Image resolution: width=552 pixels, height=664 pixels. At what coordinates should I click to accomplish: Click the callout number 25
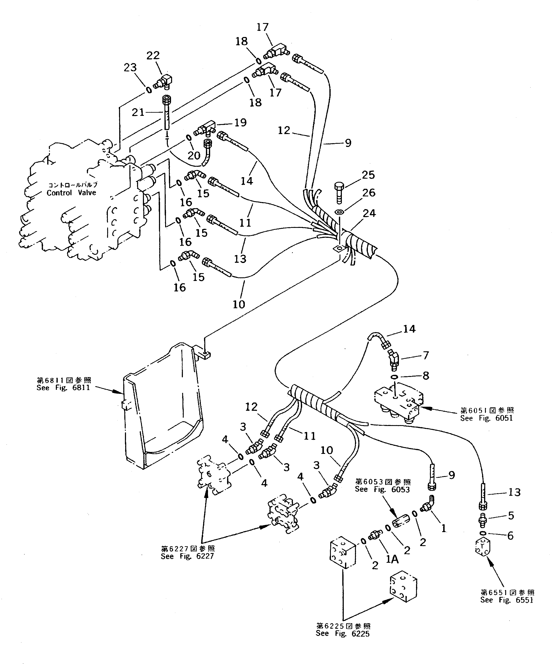point(368,175)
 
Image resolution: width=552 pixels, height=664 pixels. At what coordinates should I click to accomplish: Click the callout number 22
point(153,56)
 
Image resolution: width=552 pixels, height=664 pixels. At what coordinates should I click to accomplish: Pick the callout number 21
point(138,112)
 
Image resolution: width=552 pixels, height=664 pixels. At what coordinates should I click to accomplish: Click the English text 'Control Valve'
point(71,193)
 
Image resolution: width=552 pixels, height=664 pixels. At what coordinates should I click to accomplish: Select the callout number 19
point(241,123)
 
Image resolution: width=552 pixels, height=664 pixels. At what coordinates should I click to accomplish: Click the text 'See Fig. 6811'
point(63,388)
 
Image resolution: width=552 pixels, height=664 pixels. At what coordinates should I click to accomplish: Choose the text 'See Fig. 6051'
point(486,418)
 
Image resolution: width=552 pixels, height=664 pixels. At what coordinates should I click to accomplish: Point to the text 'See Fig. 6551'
point(507,600)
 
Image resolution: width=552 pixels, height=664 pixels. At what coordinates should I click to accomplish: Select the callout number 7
point(426,355)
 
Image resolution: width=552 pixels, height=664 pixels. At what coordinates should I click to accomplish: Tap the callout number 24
point(369,214)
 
